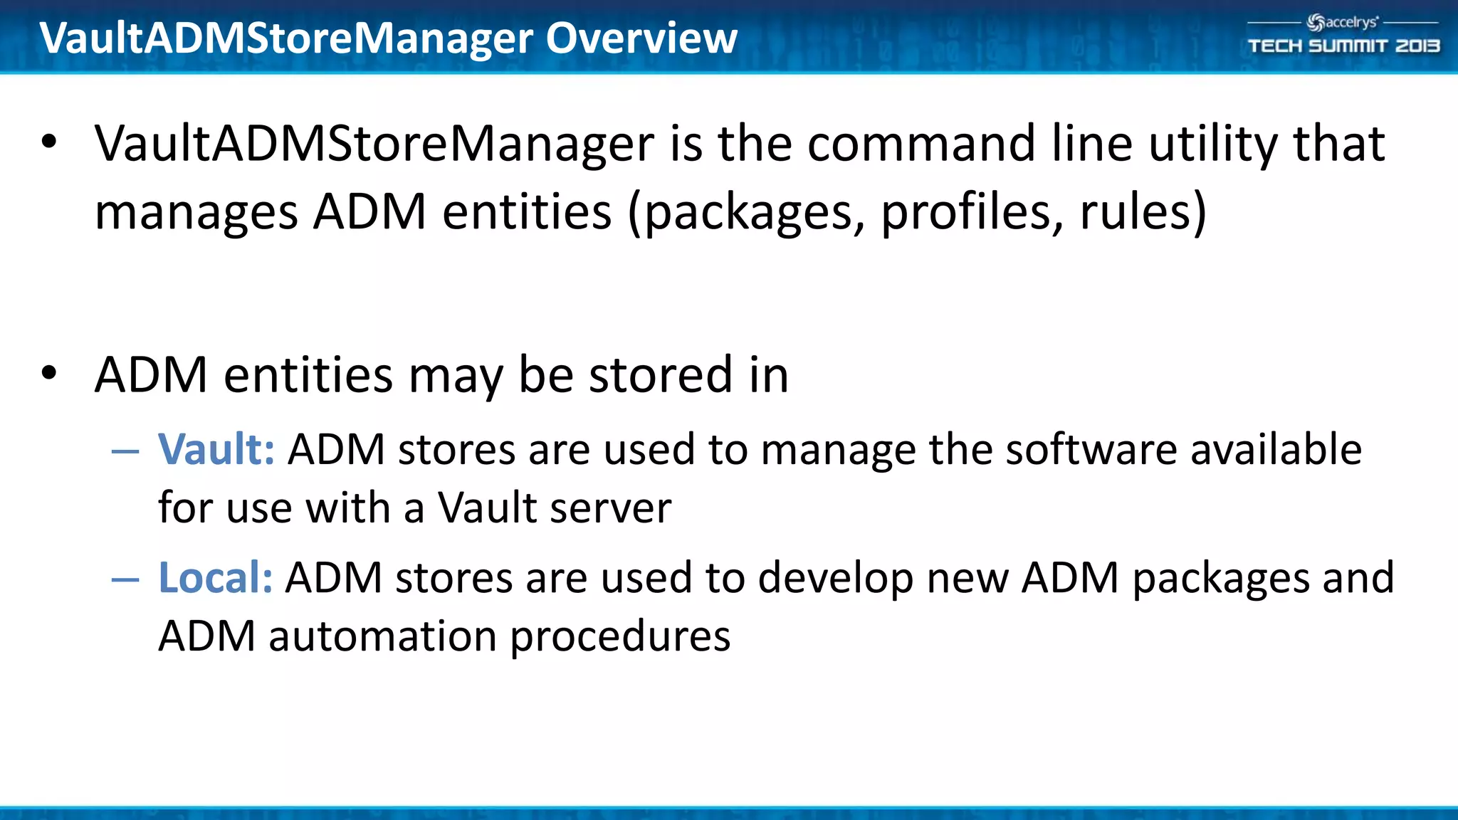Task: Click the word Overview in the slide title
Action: [641, 38]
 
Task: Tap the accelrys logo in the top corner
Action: [1343, 23]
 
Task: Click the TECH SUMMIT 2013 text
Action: [1343, 46]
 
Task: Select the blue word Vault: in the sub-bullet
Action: [216, 450]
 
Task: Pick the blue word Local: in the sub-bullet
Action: [215, 577]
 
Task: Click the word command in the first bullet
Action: [921, 144]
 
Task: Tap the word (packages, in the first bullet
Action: [746, 212]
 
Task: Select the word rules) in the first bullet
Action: [1143, 212]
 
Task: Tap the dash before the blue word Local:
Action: [125, 579]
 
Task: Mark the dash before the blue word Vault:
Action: [125, 451]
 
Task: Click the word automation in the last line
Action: [382, 636]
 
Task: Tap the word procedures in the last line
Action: [620, 637]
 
